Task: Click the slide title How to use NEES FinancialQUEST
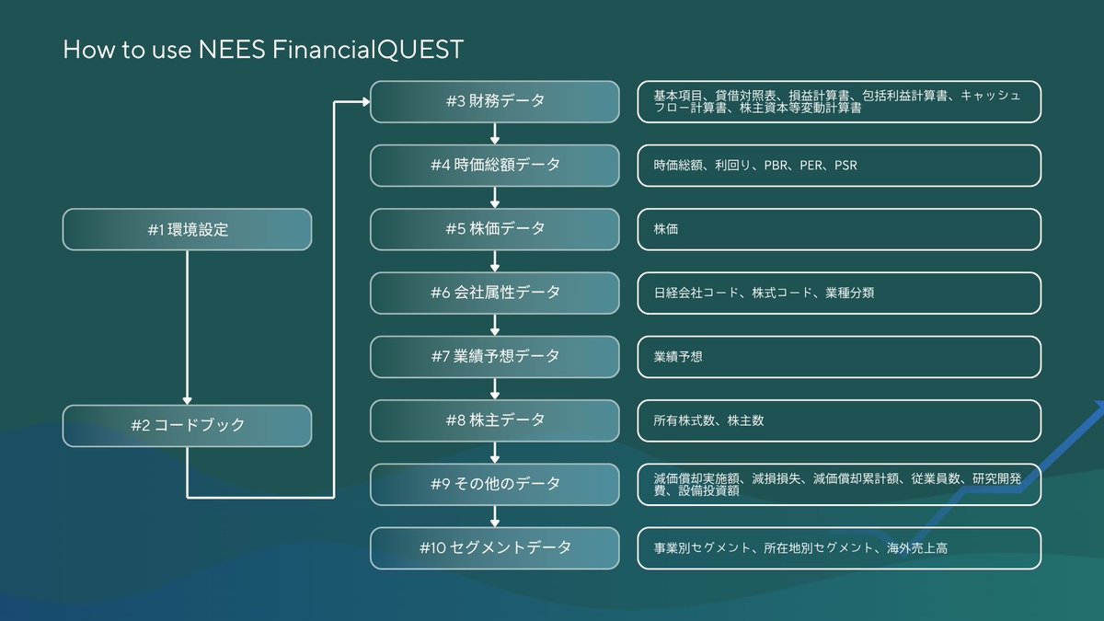(x=262, y=50)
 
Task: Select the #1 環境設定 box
(x=187, y=230)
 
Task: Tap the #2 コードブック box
(x=187, y=426)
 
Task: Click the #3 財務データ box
(x=495, y=101)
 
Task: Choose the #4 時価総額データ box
(x=495, y=165)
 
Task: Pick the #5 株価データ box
(x=495, y=228)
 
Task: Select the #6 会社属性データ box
(x=495, y=293)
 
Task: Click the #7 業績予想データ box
(x=495, y=356)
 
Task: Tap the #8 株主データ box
(x=495, y=420)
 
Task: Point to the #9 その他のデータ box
(x=495, y=484)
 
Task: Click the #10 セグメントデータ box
(x=495, y=547)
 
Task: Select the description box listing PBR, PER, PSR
(x=838, y=166)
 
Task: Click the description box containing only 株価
(x=838, y=229)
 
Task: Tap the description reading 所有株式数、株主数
(x=838, y=420)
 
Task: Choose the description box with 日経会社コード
(x=838, y=293)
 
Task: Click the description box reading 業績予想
(x=838, y=357)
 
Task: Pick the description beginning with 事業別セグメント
(x=838, y=548)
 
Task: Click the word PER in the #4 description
(x=812, y=166)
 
